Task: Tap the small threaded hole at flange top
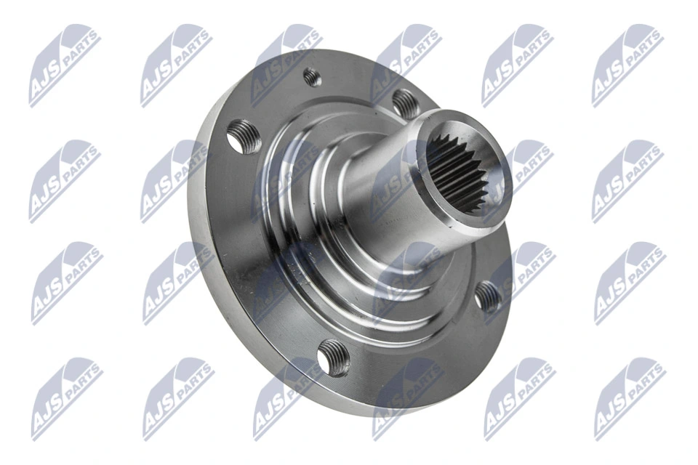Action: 312,76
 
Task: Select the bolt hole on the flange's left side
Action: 244,138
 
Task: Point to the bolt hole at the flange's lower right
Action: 488,296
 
